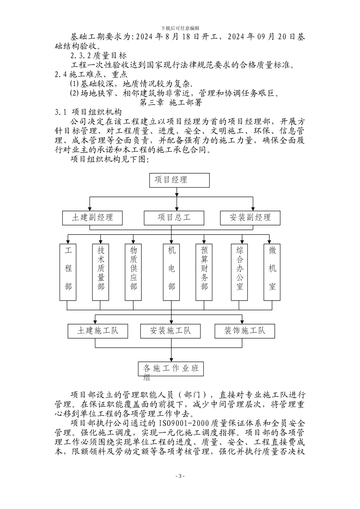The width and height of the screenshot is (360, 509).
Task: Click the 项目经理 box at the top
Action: (180, 180)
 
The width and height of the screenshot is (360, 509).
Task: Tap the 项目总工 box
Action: (174, 218)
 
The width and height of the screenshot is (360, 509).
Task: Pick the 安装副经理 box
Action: (250, 218)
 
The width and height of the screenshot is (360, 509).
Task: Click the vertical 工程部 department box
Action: (68, 272)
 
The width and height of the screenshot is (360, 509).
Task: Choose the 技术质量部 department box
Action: (101, 272)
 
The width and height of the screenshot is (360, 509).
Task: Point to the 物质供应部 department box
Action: (133, 272)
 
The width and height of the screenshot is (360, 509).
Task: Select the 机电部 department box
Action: (172, 272)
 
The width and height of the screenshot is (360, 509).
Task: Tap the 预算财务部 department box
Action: (204, 272)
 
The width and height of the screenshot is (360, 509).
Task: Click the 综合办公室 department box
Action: (240, 272)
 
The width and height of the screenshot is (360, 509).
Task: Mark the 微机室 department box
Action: (272, 272)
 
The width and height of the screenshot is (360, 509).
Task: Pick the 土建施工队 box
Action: (98, 331)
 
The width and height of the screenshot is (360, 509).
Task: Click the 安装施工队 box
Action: (171, 331)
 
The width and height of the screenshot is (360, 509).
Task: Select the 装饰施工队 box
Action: (244, 331)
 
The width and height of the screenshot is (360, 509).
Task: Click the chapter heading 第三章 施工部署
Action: (171, 102)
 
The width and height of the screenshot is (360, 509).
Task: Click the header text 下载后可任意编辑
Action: (180, 28)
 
